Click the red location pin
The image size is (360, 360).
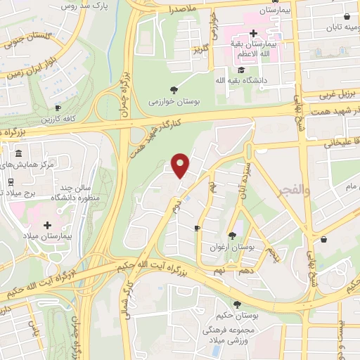coord(181,165)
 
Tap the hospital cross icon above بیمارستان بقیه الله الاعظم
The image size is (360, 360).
coord(253,32)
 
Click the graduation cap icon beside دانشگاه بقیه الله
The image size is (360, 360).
coord(241,70)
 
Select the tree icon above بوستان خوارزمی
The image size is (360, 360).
coord(173,89)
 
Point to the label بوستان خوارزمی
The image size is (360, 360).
coord(173,102)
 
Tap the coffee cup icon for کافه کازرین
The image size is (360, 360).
coord(59,108)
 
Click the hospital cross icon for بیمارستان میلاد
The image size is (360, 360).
coord(47,225)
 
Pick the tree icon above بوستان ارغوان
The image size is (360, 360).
coord(232,236)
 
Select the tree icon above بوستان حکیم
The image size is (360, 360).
coord(237,304)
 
